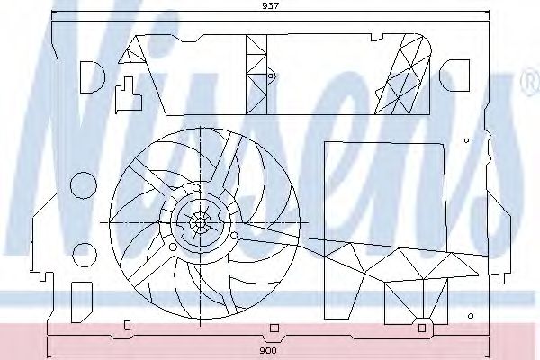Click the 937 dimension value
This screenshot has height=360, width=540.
pyautogui.click(x=270, y=6)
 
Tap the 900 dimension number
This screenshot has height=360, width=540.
pyautogui.click(x=267, y=351)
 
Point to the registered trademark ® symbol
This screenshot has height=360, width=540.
pyautogui.click(x=530, y=82)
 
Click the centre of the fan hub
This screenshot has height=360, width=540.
pyautogui.click(x=200, y=222)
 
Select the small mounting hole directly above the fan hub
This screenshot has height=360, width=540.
pyautogui.click(x=196, y=188)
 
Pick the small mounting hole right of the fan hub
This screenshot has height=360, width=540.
pyautogui.click(x=234, y=236)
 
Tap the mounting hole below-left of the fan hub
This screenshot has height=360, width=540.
pyautogui.click(x=173, y=247)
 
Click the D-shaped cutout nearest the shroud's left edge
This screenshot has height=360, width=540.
pyautogui.click(x=92, y=77)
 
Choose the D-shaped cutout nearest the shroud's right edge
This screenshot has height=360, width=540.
pyautogui.click(x=454, y=76)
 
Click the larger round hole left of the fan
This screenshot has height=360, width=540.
pyautogui.click(x=84, y=185)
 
